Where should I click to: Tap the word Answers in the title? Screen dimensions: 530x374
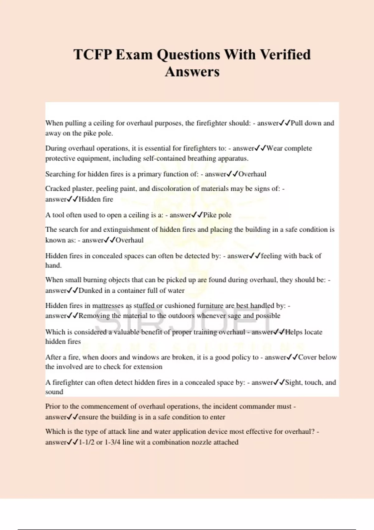(x=192, y=72)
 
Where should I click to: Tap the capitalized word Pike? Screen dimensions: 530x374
(x=210, y=215)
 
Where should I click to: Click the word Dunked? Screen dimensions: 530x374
(x=90, y=291)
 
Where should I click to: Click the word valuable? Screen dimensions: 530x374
(x=126, y=332)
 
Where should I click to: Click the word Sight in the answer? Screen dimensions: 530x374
(x=293, y=383)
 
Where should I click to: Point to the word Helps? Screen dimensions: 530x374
(x=293, y=332)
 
